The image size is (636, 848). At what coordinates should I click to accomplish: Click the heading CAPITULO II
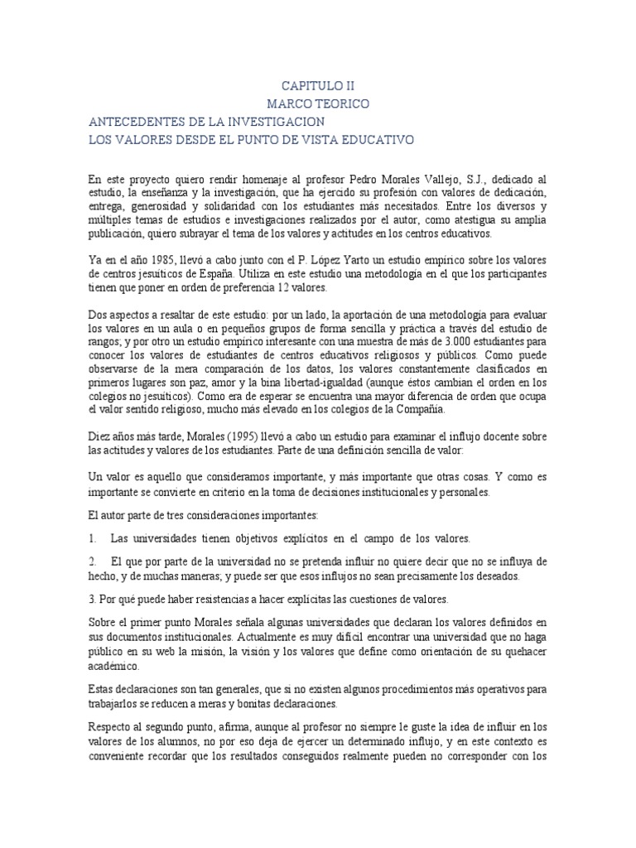point(318,85)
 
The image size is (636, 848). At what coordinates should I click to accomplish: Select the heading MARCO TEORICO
point(318,104)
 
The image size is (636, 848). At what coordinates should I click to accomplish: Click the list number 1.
point(94,537)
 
